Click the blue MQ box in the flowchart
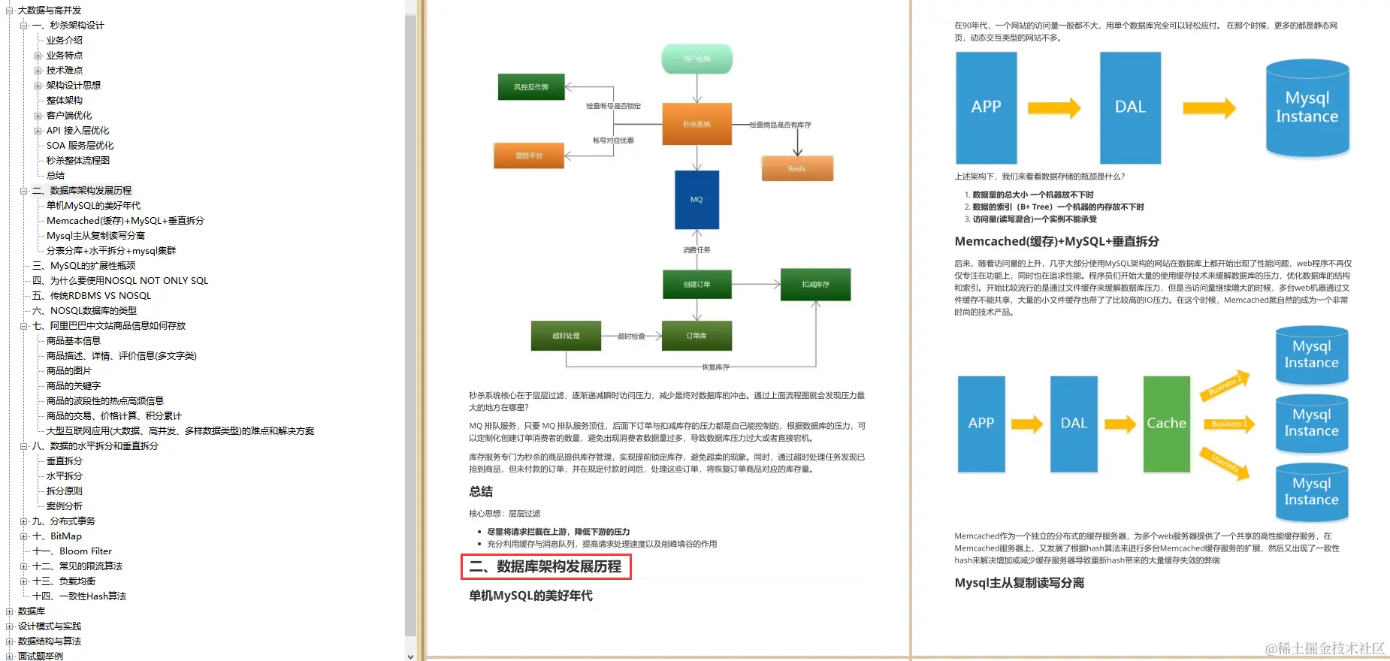click(x=697, y=200)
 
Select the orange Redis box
click(x=797, y=168)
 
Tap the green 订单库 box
click(x=697, y=336)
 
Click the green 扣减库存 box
click(x=815, y=285)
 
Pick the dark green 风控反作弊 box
click(x=531, y=87)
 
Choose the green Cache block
click(x=1166, y=424)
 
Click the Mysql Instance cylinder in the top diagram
click(x=1307, y=108)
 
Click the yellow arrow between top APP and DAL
click(x=1054, y=108)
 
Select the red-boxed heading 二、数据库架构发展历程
click(x=545, y=567)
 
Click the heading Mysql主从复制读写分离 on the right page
click(x=1019, y=583)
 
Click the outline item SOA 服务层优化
click(x=80, y=146)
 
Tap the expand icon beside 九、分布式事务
click(x=24, y=521)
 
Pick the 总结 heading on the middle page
click(x=481, y=491)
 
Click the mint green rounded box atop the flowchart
click(x=697, y=59)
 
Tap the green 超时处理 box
click(x=566, y=336)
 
